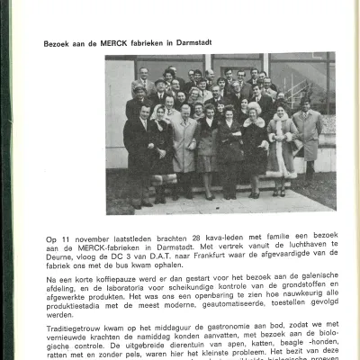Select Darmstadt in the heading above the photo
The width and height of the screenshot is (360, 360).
(x=191, y=42)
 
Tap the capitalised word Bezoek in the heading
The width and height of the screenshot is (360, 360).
(x=57, y=42)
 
